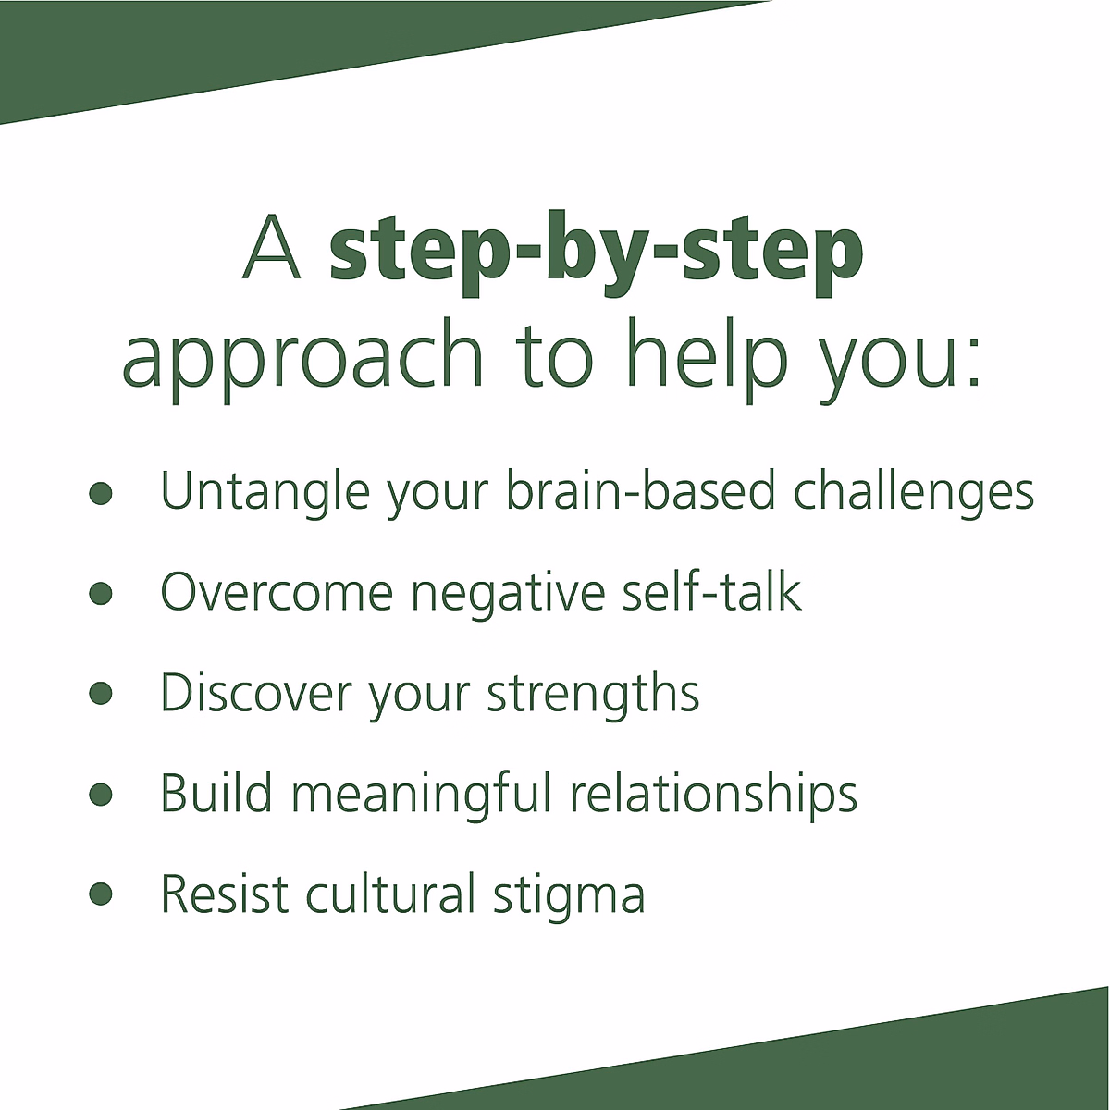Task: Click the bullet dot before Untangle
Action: [x=101, y=492]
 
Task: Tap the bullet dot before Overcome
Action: [x=101, y=593]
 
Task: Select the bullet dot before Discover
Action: [x=101, y=693]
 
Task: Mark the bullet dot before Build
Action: [x=101, y=794]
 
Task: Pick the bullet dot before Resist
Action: [x=101, y=894]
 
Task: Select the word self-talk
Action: [x=710, y=591]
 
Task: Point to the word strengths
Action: [x=593, y=693]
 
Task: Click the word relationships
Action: [x=713, y=795]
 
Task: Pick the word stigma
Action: [x=568, y=895]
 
